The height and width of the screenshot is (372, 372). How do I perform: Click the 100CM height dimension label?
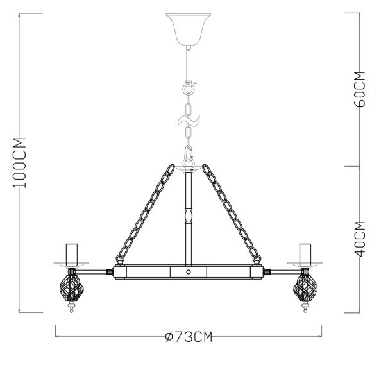(x=20, y=163)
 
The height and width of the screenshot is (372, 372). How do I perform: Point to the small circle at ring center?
(x=189, y=272)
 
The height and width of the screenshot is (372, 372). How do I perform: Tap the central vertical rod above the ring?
(x=189, y=218)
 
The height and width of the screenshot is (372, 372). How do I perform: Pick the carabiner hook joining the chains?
(x=189, y=155)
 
